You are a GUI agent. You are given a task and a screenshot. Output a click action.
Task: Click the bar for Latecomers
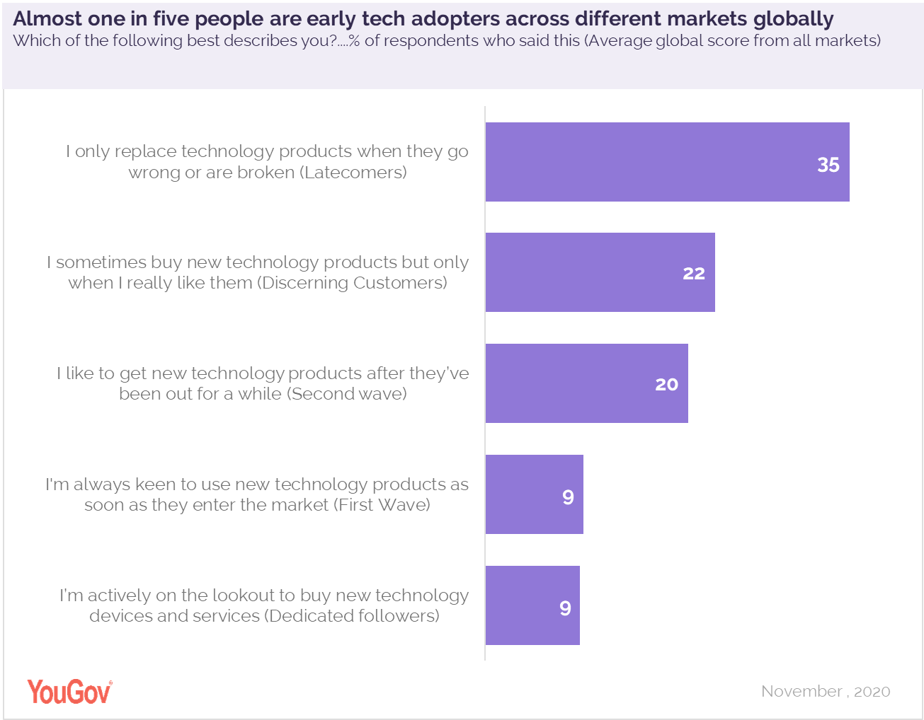[667, 162]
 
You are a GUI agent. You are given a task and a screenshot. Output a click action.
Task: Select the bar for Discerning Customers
[600, 272]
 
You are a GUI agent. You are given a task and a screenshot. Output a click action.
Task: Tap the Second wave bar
[586, 383]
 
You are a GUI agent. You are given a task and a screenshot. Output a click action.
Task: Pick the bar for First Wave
[534, 494]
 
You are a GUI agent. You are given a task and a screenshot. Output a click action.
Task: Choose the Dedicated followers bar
[532, 605]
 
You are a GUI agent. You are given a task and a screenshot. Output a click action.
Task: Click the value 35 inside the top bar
[828, 165]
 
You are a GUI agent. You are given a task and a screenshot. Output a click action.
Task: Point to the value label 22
[694, 274]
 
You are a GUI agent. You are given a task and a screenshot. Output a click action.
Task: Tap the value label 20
[666, 385]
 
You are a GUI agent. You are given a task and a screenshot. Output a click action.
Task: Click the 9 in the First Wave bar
[568, 497]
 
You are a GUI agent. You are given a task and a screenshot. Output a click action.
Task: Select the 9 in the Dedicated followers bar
[565, 608]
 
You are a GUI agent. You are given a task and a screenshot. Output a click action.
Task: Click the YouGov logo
[69, 692]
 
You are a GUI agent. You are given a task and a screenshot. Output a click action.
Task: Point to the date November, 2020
[826, 692]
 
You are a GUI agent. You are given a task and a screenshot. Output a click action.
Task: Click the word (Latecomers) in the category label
[354, 173]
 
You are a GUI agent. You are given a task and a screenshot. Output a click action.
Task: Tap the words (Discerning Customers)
[352, 283]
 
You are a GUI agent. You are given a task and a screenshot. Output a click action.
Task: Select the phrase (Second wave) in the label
[347, 394]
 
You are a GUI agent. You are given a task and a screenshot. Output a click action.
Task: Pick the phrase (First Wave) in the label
[382, 505]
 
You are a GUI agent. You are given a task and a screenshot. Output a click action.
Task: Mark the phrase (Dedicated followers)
[352, 616]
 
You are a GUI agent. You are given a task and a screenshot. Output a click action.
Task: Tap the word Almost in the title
[47, 19]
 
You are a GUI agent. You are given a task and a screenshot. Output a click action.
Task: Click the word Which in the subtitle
[37, 41]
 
